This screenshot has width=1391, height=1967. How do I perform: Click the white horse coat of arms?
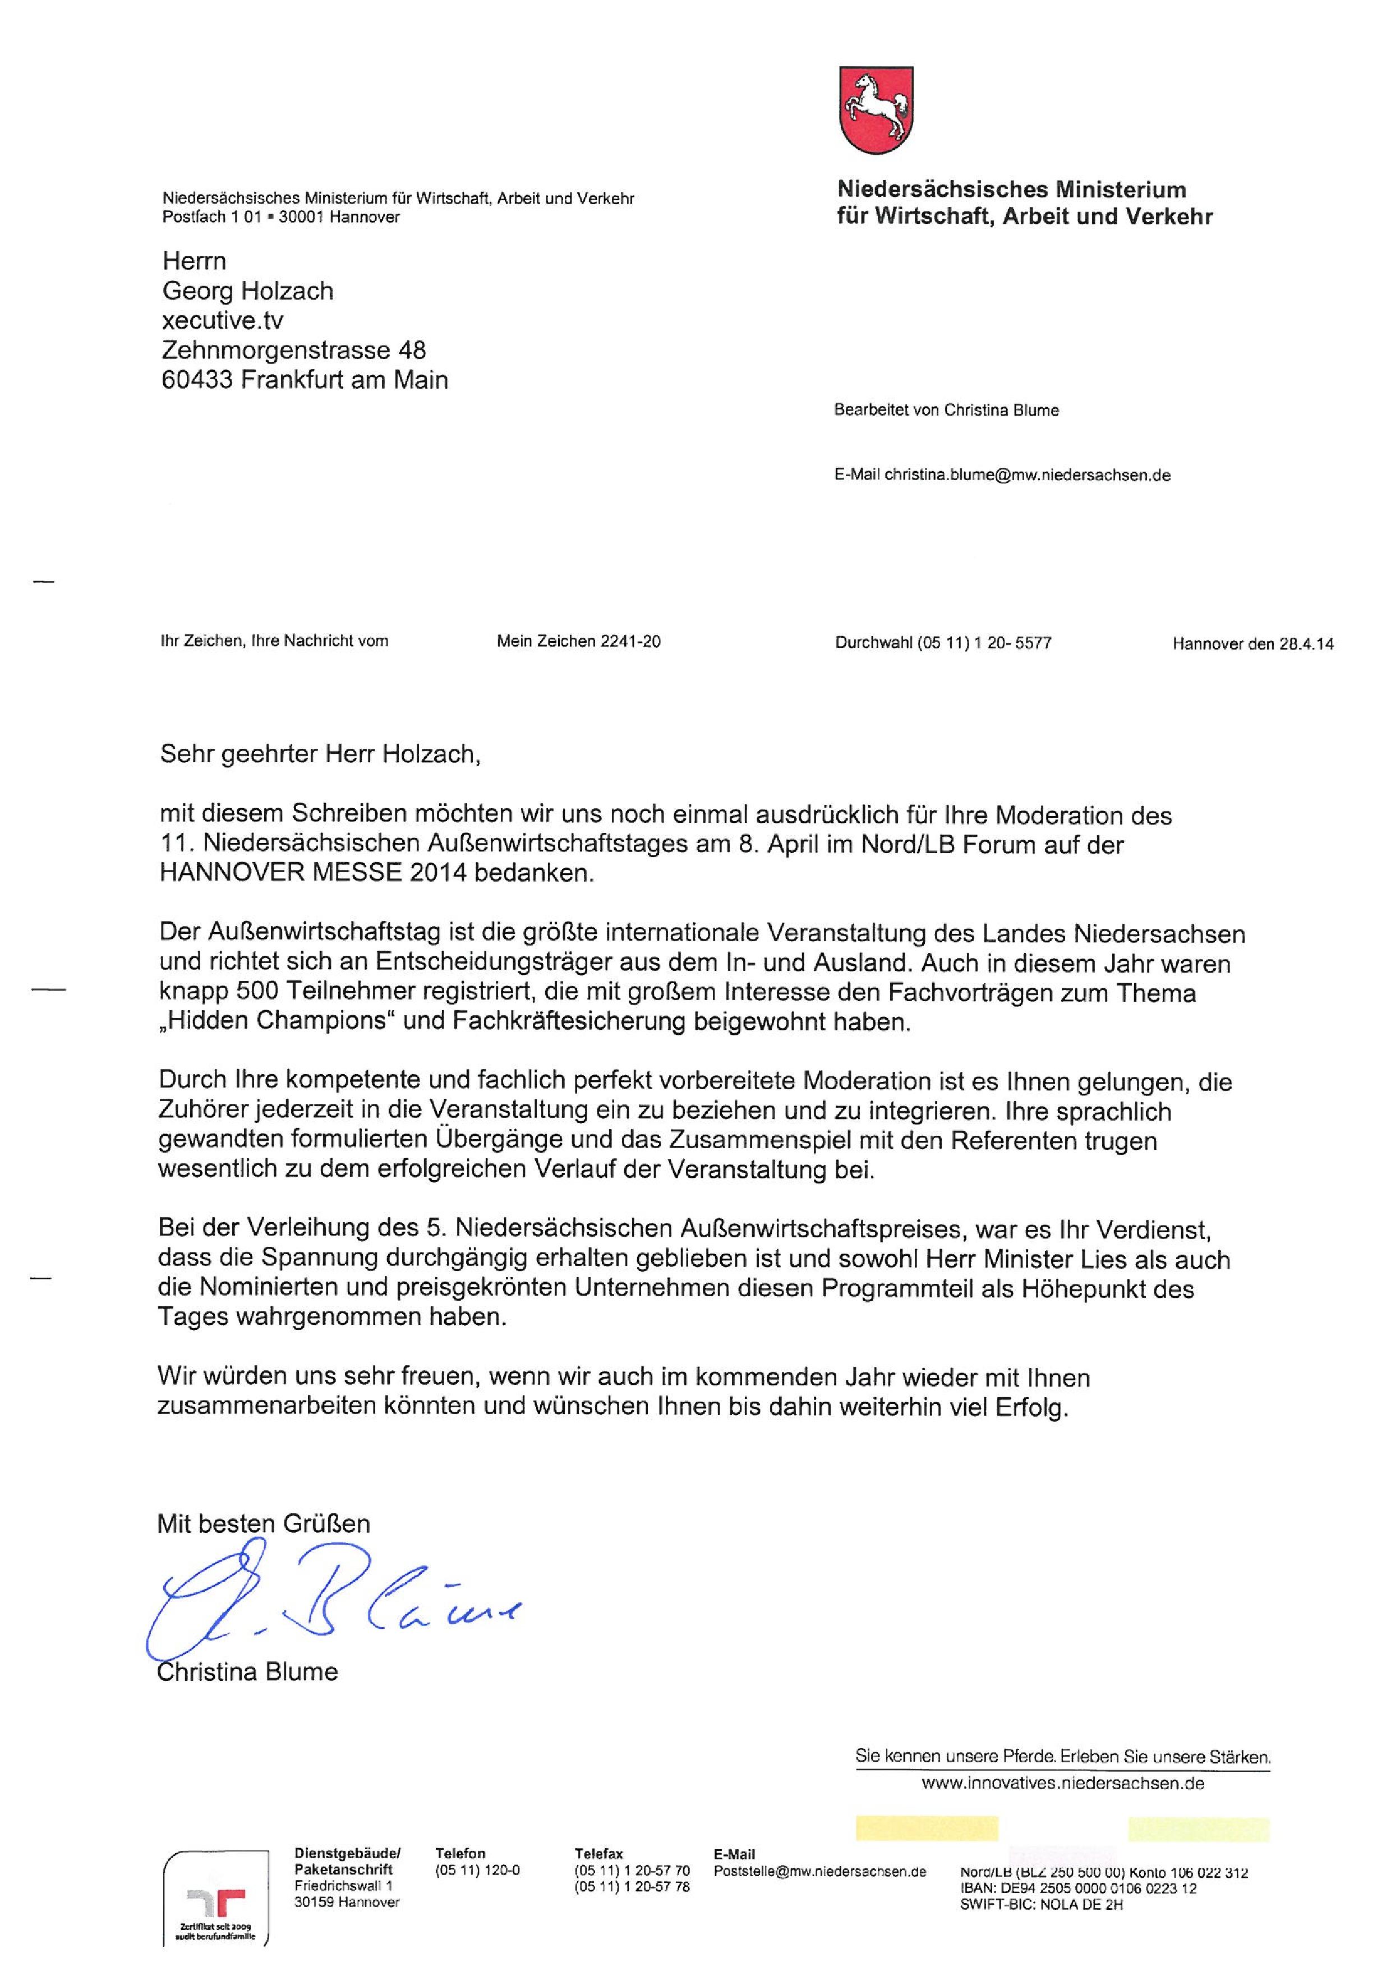tap(874, 112)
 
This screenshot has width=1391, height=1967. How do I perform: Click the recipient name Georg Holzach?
tap(247, 291)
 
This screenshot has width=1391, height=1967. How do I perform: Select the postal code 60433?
tap(197, 380)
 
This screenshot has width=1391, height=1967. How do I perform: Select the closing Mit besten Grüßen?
tap(264, 1524)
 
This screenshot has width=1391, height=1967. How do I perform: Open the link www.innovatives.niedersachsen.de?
tap(1062, 1784)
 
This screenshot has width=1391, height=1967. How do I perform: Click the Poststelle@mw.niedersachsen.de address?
tap(819, 1872)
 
